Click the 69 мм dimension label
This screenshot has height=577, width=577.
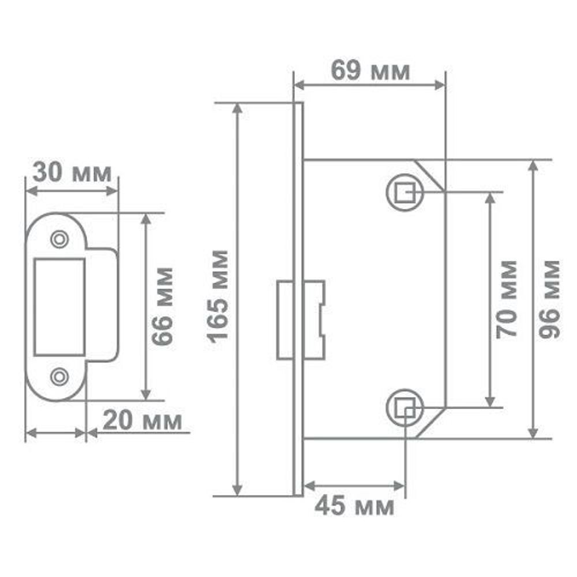[370, 71]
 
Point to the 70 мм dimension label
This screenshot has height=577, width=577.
[507, 298]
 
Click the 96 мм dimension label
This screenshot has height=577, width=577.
[549, 298]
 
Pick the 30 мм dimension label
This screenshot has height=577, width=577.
[72, 173]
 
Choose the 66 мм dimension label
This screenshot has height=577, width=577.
[163, 306]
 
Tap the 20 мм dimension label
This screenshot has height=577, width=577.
[142, 421]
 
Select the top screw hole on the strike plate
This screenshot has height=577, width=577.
[58, 238]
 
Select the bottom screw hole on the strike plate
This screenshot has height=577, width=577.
[58, 376]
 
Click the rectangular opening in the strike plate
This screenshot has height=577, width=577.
[59, 306]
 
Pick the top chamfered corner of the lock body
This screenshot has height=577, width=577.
[432, 175]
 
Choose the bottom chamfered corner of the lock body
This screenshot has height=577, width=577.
[432, 422]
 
